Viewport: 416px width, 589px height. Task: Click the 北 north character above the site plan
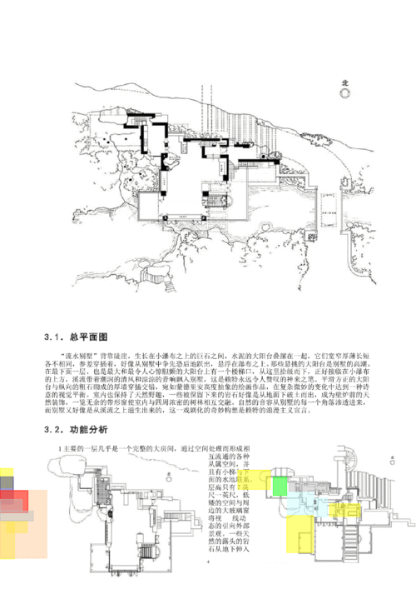(347, 82)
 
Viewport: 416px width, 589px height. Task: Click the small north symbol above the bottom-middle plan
(167, 476)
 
